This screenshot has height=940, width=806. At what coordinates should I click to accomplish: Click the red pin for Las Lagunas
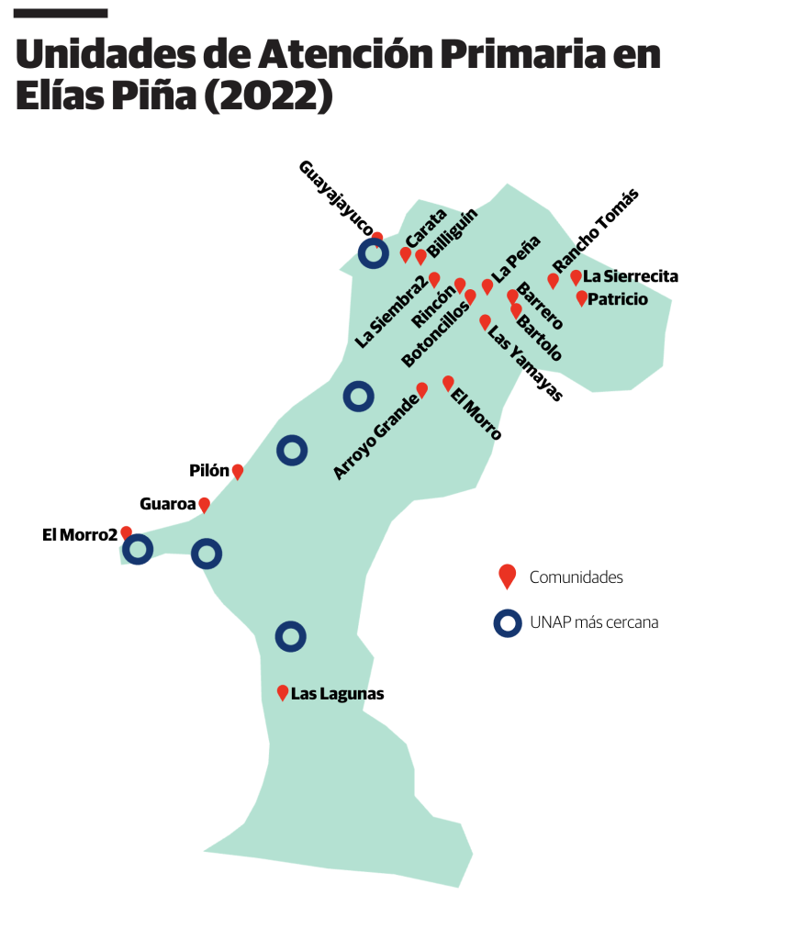coord(283,693)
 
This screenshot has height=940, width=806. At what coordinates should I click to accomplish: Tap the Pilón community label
coord(208,470)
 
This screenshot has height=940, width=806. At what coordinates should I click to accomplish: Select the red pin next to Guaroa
coord(205,504)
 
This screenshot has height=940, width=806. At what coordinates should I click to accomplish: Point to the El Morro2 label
coord(80,535)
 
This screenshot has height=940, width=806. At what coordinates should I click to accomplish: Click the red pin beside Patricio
coord(581,297)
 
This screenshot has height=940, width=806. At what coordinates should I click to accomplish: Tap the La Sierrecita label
coord(631,275)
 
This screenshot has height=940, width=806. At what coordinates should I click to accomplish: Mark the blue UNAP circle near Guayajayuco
coord(373,253)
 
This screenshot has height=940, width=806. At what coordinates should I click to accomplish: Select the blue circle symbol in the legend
coord(508,622)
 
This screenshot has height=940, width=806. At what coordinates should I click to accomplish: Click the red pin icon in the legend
coord(507,576)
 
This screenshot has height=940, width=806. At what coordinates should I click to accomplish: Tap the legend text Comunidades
coord(577,577)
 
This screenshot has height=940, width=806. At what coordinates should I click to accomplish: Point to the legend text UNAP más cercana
coord(594,622)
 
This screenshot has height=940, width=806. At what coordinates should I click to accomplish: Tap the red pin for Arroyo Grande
coord(422,389)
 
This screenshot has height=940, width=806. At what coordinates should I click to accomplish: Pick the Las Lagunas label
coord(337,694)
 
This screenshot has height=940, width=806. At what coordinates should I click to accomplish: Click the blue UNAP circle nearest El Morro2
coord(138,550)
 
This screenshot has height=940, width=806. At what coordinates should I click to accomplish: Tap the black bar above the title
coord(62,13)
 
